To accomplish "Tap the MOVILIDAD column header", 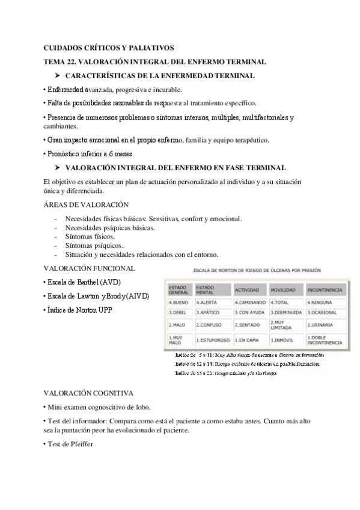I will point(284,289).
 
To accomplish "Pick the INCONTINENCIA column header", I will point(325,289).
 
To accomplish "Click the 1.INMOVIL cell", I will point(284,340).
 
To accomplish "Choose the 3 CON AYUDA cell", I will point(250,313).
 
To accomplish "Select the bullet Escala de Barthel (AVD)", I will point(82,281).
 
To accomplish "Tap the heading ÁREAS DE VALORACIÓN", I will point(87,205).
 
